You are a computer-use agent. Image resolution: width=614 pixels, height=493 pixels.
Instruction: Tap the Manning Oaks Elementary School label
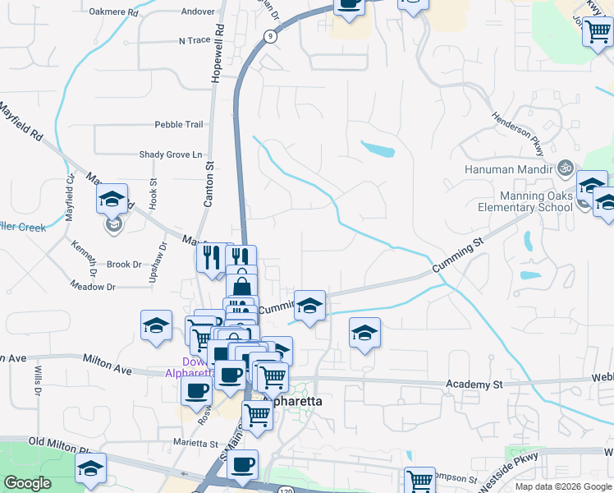tap(536, 201)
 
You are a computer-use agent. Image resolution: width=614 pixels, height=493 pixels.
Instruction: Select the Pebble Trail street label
tap(178, 125)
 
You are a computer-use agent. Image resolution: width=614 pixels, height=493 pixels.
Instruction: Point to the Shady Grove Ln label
tap(170, 154)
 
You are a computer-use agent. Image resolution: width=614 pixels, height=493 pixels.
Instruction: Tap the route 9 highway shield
tap(270, 36)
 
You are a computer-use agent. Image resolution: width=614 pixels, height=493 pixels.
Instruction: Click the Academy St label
tap(474, 385)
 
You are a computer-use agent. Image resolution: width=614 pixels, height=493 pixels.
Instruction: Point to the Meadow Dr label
tap(93, 287)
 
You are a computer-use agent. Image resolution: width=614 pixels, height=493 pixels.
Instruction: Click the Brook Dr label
tap(125, 265)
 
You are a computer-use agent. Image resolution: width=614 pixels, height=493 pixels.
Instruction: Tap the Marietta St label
tap(195, 444)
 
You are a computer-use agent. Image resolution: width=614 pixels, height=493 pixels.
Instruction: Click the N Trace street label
tap(195, 40)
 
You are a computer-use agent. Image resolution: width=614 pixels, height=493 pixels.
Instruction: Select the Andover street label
tap(198, 12)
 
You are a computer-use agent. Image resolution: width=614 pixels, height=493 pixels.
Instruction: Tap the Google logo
tap(27, 482)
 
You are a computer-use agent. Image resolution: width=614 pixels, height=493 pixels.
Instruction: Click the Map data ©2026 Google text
tap(563, 486)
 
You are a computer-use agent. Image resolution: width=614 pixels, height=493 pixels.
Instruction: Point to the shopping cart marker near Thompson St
tap(420, 479)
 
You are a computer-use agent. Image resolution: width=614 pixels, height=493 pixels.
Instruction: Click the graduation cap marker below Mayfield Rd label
tap(112, 198)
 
